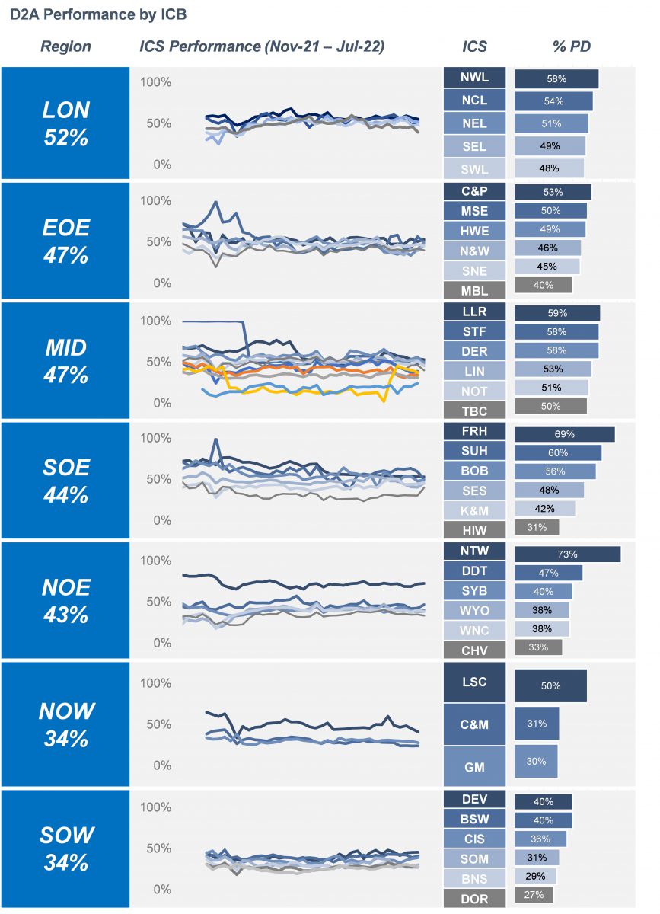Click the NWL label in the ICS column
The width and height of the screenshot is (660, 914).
(475, 78)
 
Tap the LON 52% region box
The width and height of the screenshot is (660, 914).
(65, 123)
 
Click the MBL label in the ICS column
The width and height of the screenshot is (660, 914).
(475, 290)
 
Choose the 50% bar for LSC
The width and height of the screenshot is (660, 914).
(550, 685)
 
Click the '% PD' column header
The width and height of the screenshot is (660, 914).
(571, 46)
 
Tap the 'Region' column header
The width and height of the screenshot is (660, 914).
(65, 46)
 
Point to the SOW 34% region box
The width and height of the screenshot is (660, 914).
(65, 848)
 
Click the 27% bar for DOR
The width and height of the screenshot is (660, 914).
(534, 895)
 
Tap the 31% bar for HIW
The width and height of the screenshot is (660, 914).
(537, 527)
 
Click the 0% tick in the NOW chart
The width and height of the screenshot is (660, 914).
(161, 765)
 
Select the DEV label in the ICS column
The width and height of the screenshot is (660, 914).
(475, 800)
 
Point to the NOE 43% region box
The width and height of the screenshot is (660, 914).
(65, 600)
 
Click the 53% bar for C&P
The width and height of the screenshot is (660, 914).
(553, 192)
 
